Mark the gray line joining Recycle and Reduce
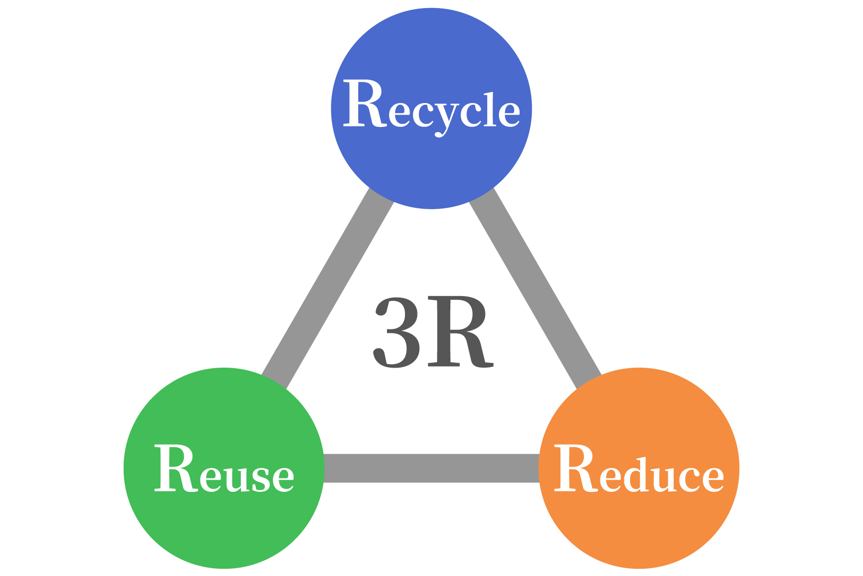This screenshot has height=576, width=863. [535, 288]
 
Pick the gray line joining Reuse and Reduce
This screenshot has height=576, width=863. [431, 468]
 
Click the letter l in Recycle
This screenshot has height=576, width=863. [490, 108]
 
